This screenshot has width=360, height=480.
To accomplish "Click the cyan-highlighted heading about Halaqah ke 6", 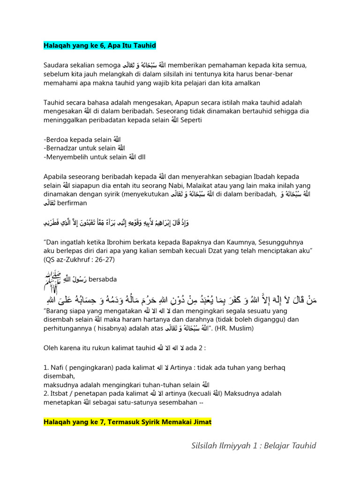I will click(x=99, y=45).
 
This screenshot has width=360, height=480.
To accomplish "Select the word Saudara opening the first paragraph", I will click(x=58, y=65).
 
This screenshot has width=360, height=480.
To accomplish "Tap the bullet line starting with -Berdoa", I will click(x=82, y=139).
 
